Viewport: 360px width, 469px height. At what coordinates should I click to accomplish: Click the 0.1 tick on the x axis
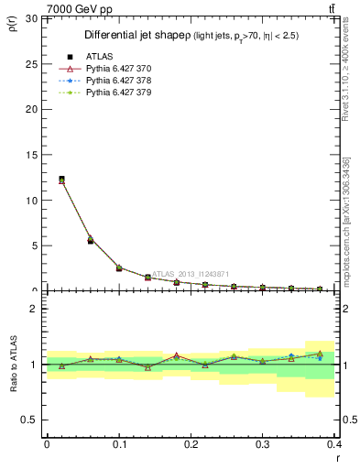pos(119,443)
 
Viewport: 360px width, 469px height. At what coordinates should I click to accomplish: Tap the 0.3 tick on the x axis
pos(263,443)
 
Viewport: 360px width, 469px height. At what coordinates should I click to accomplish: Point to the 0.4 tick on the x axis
pos(334,443)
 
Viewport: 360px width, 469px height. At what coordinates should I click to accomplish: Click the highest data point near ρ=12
pos(61,180)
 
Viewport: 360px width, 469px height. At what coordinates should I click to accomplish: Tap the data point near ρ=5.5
pos(90,240)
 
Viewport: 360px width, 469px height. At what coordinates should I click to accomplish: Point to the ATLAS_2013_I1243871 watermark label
pos(191,273)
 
